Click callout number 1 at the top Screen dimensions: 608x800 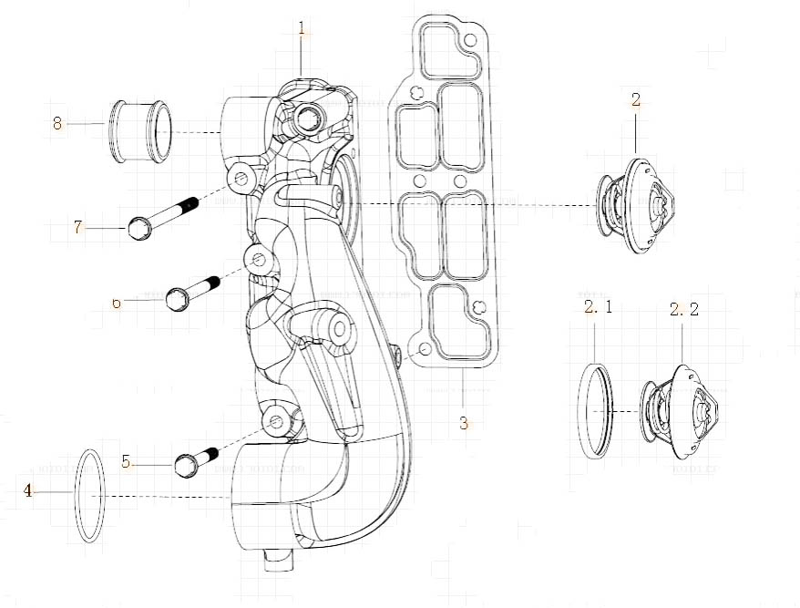(302, 28)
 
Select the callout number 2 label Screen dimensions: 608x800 (636, 99)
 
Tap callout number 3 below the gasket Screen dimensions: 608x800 (464, 423)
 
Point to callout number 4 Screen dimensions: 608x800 (28, 491)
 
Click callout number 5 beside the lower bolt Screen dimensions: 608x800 (127, 461)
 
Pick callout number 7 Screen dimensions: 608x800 (78, 227)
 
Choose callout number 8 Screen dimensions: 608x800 (57, 123)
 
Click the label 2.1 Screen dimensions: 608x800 (598, 307)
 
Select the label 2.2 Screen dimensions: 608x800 (683, 309)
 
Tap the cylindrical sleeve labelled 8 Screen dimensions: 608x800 (140, 130)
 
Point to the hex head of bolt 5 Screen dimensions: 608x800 (185, 466)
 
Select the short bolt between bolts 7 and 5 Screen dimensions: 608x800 (192, 292)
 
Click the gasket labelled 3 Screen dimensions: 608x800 (446, 201)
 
